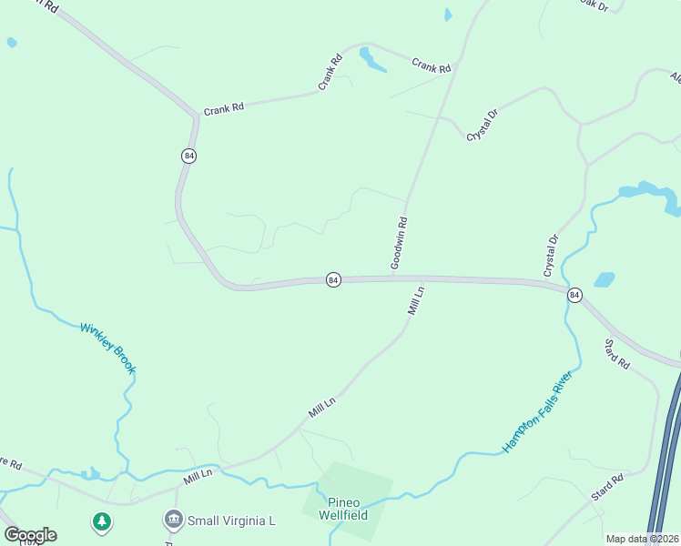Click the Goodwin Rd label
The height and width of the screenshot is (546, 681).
click(x=398, y=243)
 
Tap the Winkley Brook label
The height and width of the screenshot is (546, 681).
click(x=107, y=348)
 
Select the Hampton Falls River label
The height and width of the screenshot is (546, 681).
click(x=537, y=411)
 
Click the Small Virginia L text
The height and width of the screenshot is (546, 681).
click(x=231, y=521)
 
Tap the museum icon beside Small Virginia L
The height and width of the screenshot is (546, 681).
click(x=173, y=521)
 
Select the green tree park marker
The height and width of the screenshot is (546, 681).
click(x=101, y=522)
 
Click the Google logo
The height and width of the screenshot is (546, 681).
click(x=30, y=535)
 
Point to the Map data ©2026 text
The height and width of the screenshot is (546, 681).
click(x=642, y=539)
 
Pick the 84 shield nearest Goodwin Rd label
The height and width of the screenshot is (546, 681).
click(x=333, y=280)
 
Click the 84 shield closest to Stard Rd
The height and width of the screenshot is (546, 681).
click(x=574, y=295)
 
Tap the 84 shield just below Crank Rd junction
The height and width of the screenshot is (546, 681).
click(x=188, y=156)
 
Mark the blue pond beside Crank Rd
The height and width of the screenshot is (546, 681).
click(x=371, y=61)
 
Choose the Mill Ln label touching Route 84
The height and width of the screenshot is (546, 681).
click(x=415, y=301)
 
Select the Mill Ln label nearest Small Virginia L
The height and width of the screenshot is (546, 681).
click(x=198, y=475)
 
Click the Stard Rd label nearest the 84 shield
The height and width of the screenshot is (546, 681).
click(x=616, y=353)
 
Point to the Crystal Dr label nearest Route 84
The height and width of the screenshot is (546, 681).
click(x=551, y=256)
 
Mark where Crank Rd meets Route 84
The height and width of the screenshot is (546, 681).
click(x=196, y=116)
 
